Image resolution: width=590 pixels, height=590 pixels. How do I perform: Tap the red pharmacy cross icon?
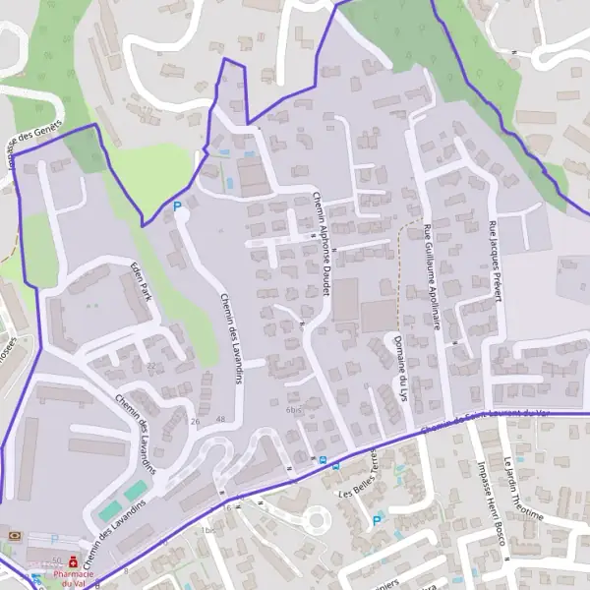(72, 560)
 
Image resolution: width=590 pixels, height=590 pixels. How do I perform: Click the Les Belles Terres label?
(358, 473)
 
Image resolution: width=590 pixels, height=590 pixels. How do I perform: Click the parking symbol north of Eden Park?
(178, 207)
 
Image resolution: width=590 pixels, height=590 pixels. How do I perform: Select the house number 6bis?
(292, 410)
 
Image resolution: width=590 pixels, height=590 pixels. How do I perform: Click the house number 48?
(220, 421)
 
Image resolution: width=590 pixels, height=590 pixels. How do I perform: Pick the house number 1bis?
(206, 531)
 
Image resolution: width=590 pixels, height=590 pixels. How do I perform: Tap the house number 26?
(195, 421)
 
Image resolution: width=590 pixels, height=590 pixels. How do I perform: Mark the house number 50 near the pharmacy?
(57, 559)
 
